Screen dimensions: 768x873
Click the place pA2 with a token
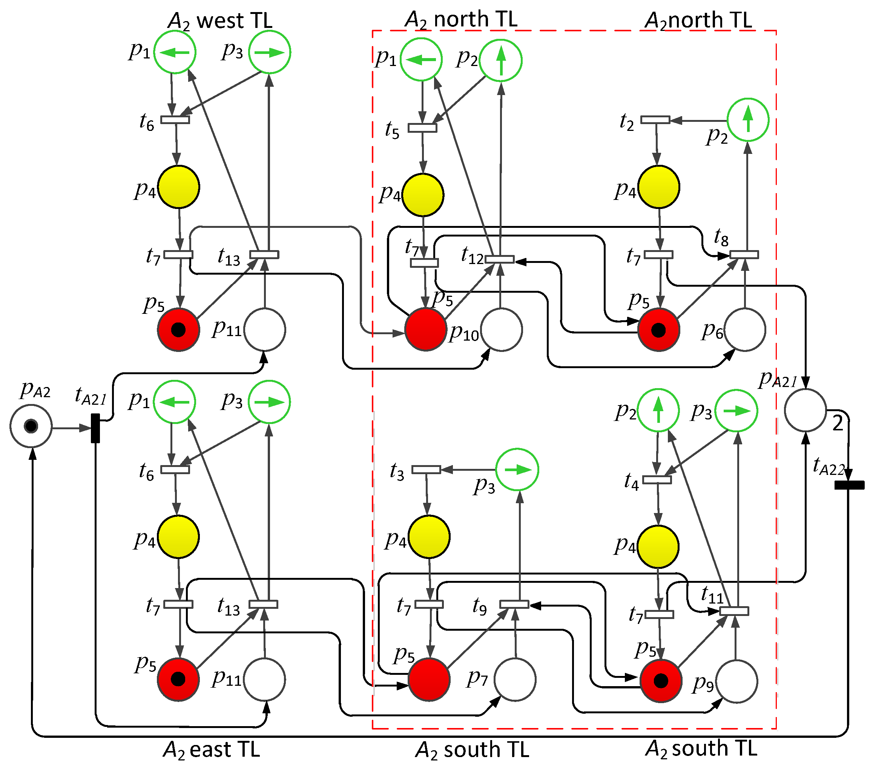[31, 426]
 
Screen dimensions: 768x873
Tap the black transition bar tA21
[95, 428]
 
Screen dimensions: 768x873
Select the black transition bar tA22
[849, 485]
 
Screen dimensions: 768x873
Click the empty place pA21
[805, 410]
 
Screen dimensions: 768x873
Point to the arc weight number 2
[838, 424]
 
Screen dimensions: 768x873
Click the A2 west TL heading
[220, 20]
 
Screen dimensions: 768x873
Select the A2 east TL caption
[212, 749]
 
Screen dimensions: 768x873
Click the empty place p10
[501, 330]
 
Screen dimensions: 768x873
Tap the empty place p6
[744, 330]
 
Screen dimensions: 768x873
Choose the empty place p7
[515, 680]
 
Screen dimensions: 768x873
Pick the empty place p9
[736, 681]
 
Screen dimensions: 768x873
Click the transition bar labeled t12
[500, 259]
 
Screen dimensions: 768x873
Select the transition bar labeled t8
[744, 255]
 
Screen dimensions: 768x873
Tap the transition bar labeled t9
[514, 604]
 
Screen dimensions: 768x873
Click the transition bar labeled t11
[734, 611]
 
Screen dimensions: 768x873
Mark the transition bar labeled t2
[655, 120]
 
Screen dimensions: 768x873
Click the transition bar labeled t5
[422, 128]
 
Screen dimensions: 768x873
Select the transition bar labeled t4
[657, 480]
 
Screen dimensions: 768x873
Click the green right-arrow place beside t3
[517, 470]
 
